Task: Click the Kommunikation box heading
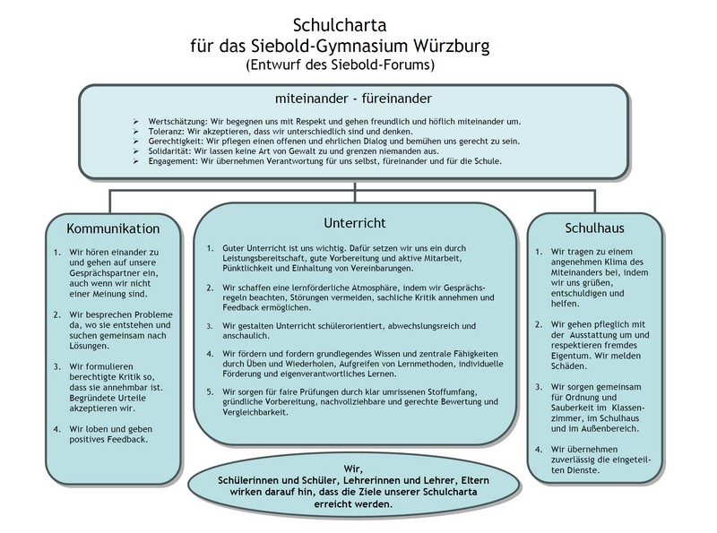113,228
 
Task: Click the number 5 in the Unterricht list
209,391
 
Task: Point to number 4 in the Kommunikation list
56,428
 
